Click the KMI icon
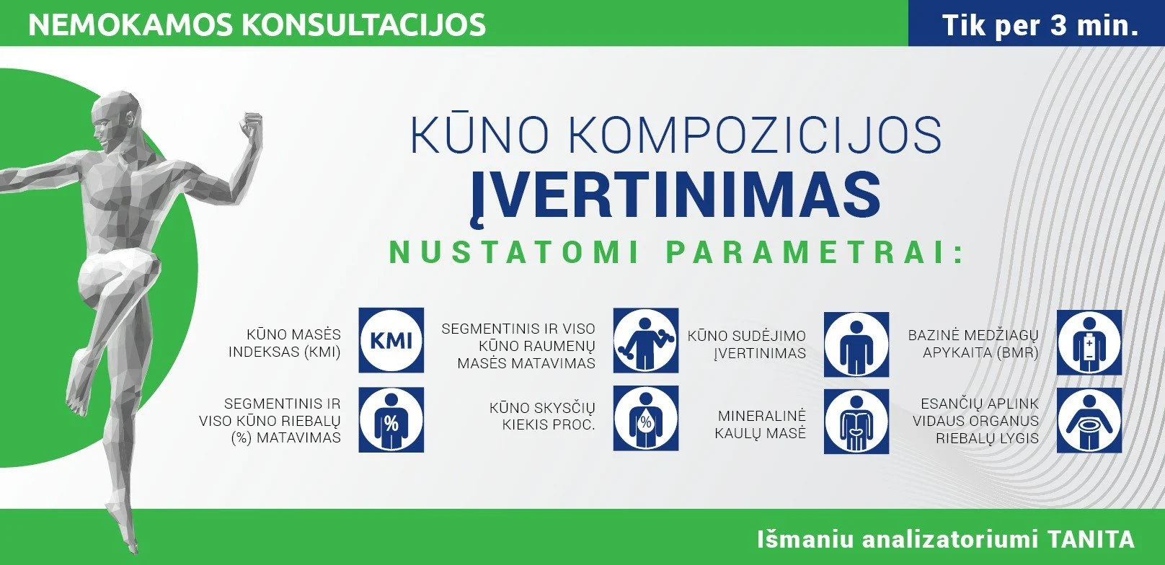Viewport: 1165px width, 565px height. coord(391,340)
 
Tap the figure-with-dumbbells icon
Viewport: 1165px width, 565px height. coord(645,340)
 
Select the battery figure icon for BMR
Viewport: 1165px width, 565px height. coord(1089,342)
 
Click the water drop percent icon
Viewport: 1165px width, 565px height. coord(645,418)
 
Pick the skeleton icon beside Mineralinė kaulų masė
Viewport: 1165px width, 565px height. coord(856,422)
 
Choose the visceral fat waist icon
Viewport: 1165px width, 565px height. coord(1089,420)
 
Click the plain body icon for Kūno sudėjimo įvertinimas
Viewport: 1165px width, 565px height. coord(856,344)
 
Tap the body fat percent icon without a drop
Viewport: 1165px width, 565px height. coord(391,419)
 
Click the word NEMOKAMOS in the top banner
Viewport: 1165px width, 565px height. coord(130,25)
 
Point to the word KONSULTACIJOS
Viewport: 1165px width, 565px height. coord(363,25)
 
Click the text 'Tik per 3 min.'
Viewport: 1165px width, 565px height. coord(1040,25)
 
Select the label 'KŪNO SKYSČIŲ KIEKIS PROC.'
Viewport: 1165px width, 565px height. coord(542,416)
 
